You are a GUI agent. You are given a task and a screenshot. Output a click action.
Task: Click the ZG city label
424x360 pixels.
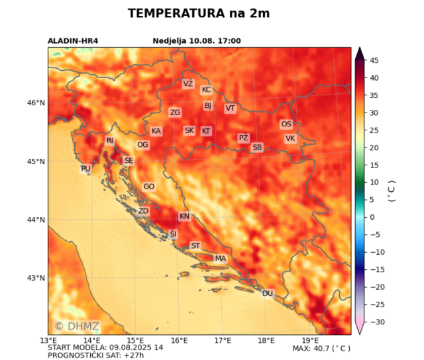(x=175, y=112)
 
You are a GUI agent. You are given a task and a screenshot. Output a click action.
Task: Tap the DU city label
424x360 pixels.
(x=268, y=293)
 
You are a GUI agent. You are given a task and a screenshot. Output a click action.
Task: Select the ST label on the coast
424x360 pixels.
(x=195, y=246)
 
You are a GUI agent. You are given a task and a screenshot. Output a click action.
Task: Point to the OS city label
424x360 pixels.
(x=286, y=124)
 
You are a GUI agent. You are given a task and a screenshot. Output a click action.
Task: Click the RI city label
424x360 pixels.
(x=110, y=140)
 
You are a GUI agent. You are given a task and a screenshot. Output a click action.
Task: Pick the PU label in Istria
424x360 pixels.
(x=85, y=169)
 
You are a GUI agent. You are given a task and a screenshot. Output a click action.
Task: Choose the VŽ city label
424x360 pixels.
(x=187, y=84)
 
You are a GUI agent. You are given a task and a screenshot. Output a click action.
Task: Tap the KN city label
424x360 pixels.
(x=184, y=216)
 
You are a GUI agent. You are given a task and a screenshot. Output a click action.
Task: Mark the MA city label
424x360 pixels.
(x=221, y=258)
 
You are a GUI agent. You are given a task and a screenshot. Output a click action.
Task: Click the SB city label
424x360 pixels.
(x=257, y=147)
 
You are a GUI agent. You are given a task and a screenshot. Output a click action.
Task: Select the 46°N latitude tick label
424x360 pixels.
(x=36, y=103)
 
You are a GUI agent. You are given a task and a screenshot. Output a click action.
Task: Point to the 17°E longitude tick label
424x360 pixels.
(x=223, y=340)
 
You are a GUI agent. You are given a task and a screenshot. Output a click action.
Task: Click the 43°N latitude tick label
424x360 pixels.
(x=36, y=278)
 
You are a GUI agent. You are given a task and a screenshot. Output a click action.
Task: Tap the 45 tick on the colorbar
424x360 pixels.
(x=374, y=60)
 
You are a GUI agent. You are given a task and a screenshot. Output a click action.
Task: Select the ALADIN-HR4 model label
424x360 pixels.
(x=74, y=41)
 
